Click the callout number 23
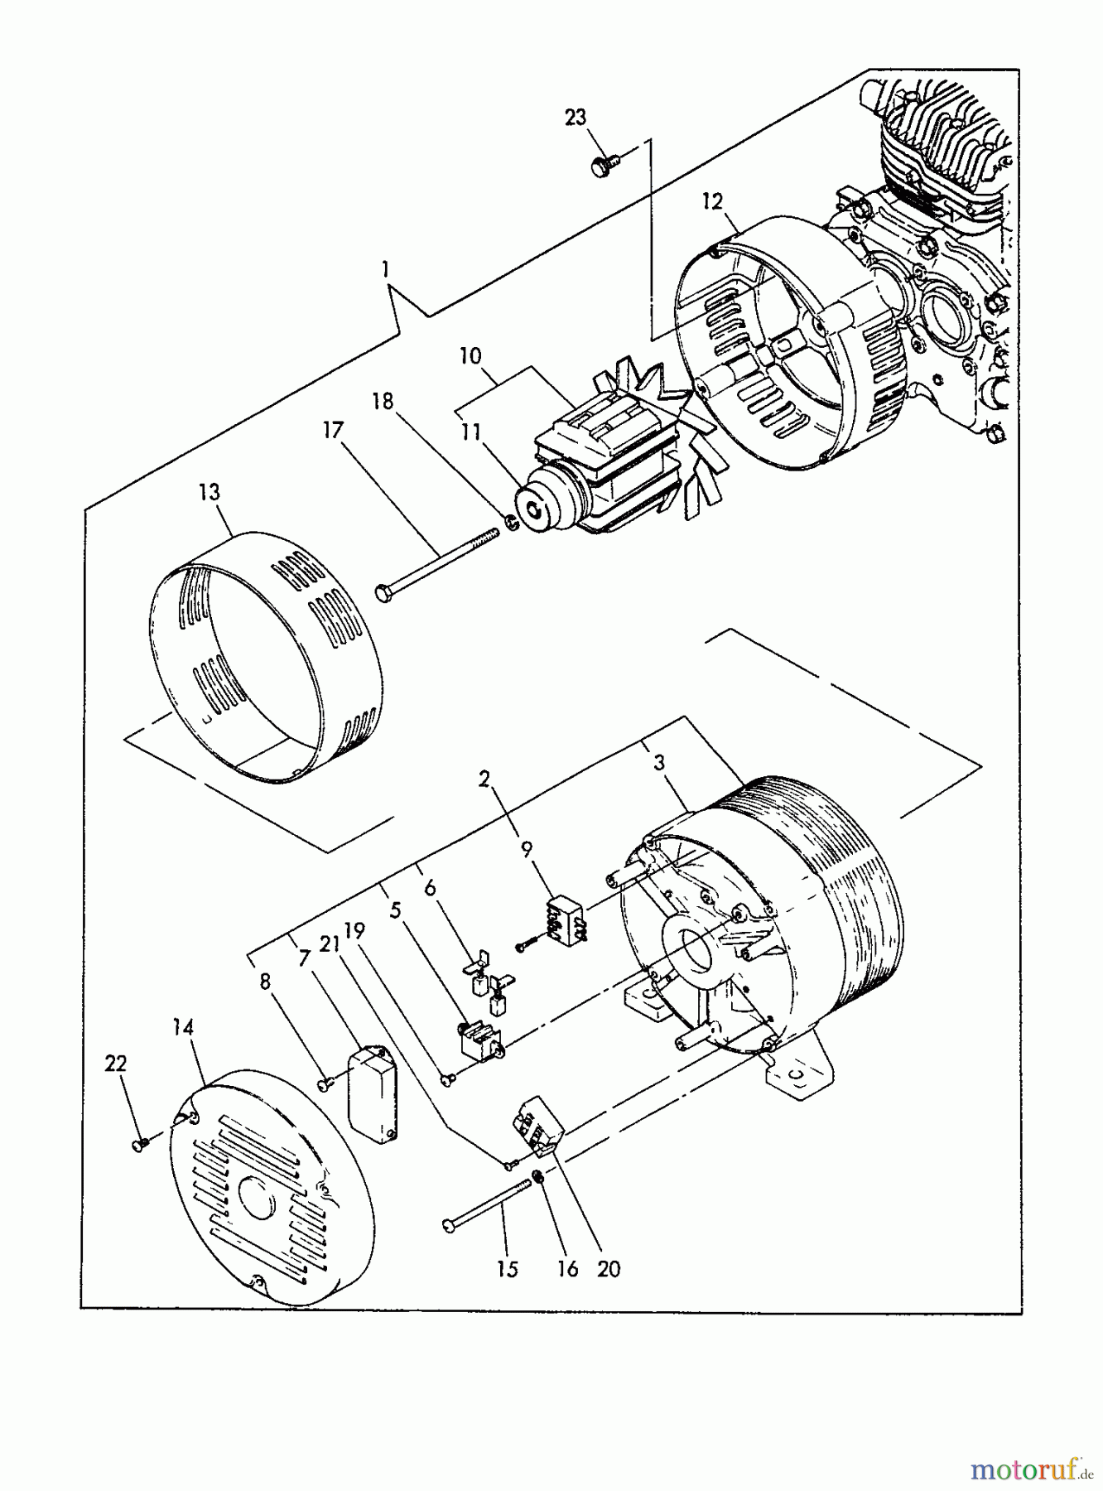576,118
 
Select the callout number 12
712,201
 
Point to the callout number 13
210,492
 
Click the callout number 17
333,430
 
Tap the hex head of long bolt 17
383,592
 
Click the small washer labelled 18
511,522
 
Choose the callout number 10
470,356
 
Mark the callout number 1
385,269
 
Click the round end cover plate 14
265,1193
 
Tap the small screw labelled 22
139,1144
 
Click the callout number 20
609,1269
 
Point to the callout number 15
508,1269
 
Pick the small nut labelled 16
538,1175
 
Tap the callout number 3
659,763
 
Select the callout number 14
183,1028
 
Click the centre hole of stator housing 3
686,949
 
